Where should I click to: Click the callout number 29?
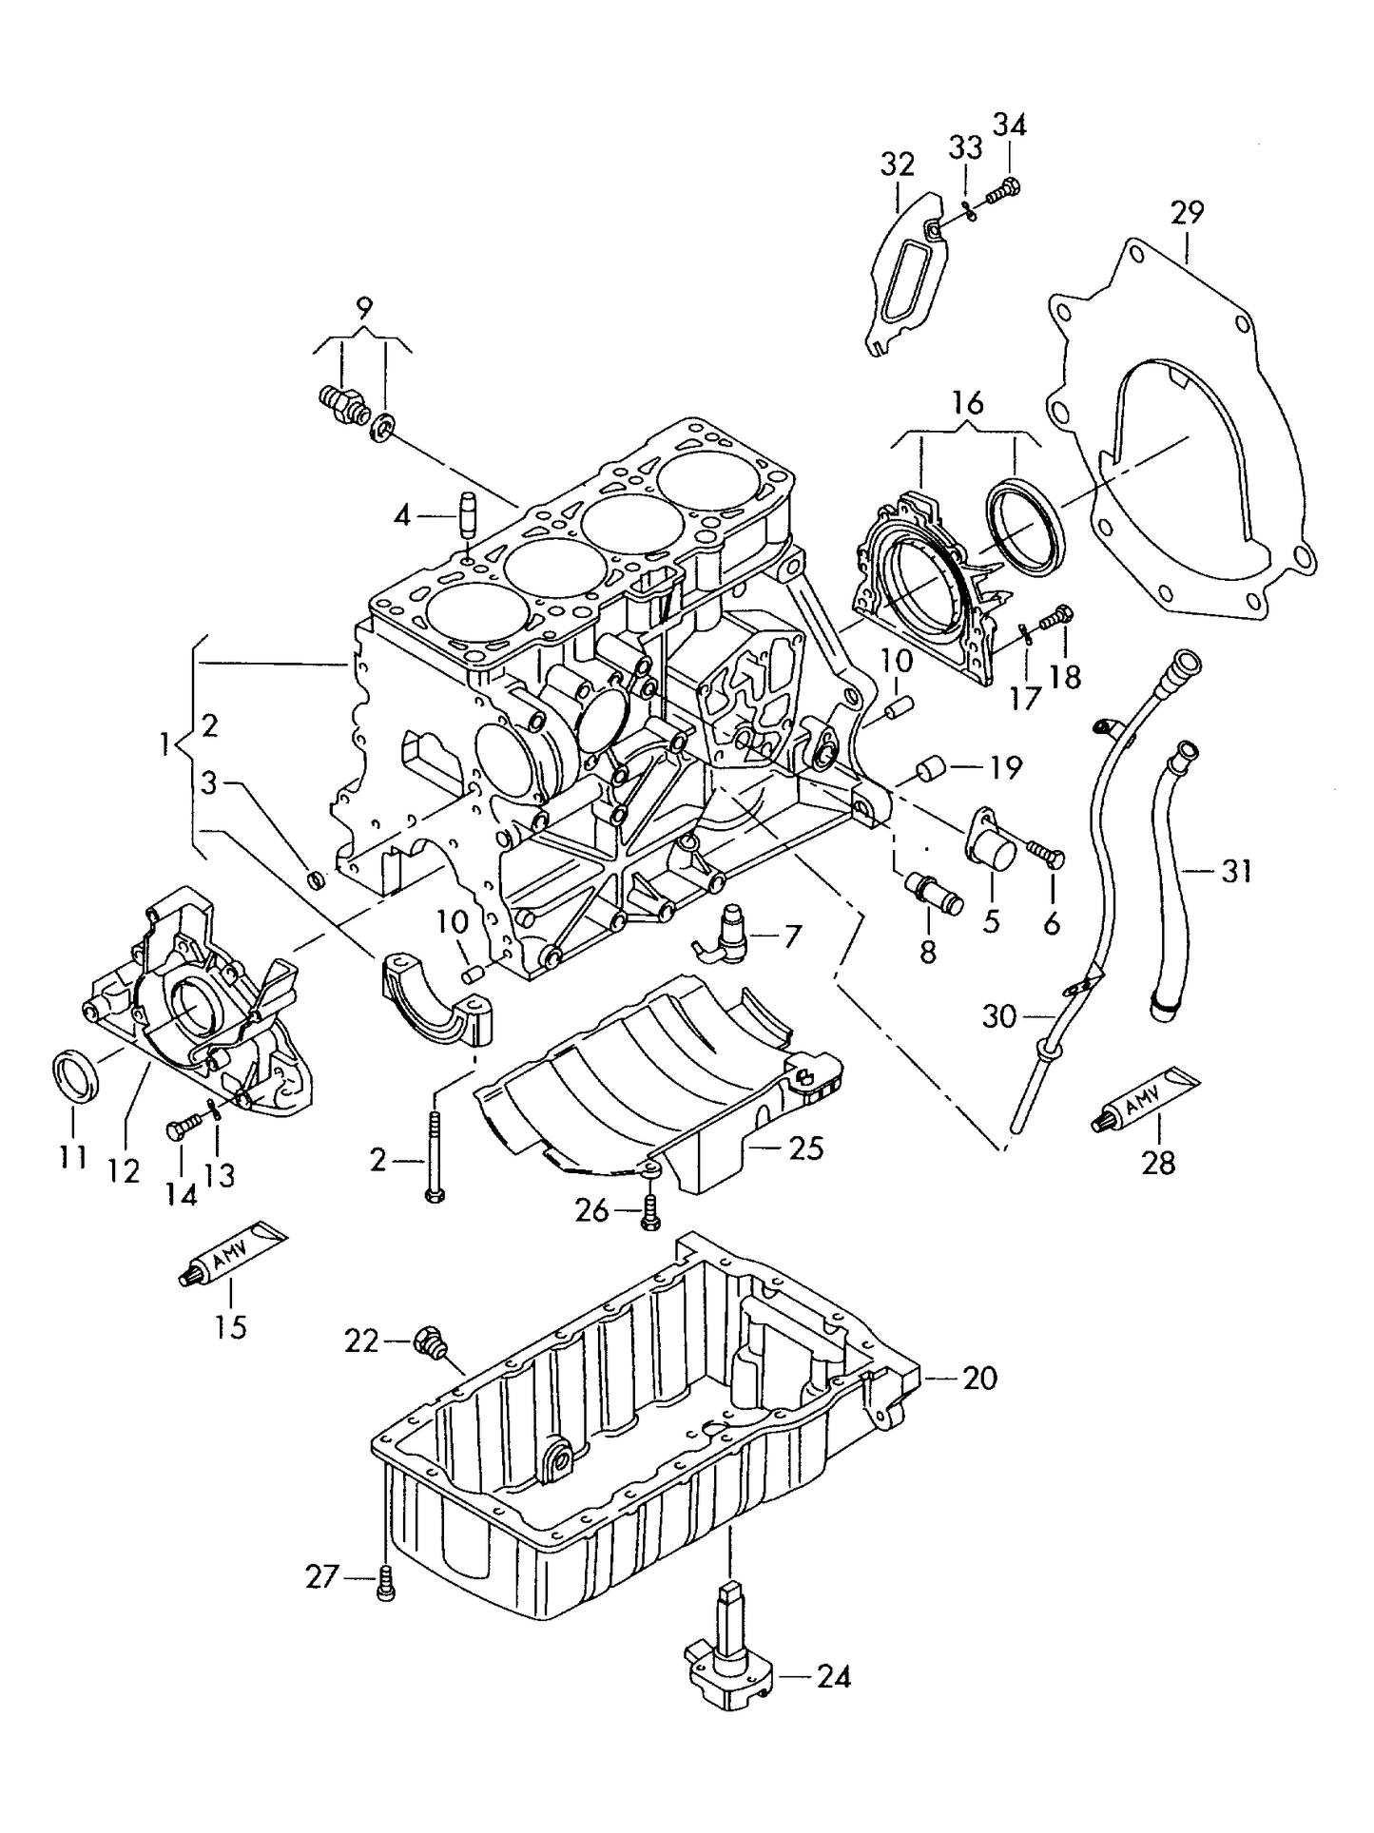pos(1187,212)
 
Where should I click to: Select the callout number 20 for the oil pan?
pos(978,1378)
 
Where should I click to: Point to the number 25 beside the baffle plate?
pos(806,1148)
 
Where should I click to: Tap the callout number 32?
pos(896,164)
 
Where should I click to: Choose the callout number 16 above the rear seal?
pos(967,403)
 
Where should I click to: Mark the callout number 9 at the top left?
pos(364,308)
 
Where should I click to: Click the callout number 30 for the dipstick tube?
pos(999,1017)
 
